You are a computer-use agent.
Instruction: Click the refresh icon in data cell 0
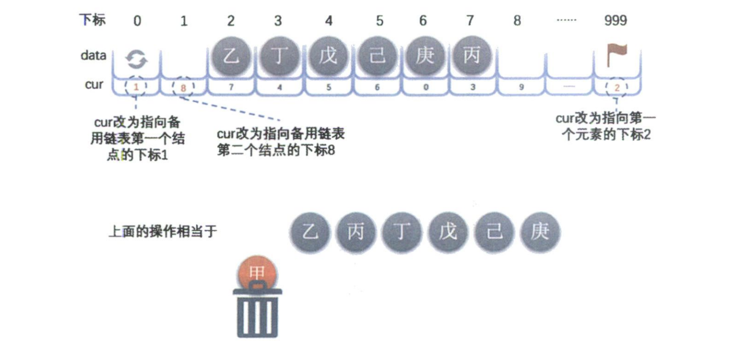click(x=137, y=60)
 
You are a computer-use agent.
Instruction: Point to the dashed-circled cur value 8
click(x=183, y=88)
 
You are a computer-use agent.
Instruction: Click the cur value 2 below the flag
click(x=616, y=88)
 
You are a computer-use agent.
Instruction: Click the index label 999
click(x=616, y=21)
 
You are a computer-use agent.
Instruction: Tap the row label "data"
click(x=93, y=55)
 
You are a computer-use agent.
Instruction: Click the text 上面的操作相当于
click(x=164, y=231)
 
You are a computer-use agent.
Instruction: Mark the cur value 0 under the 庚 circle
click(x=424, y=88)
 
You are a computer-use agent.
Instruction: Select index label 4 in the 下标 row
click(x=329, y=21)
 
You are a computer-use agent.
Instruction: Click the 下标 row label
click(x=92, y=20)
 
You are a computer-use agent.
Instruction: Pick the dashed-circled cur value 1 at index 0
click(x=137, y=88)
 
